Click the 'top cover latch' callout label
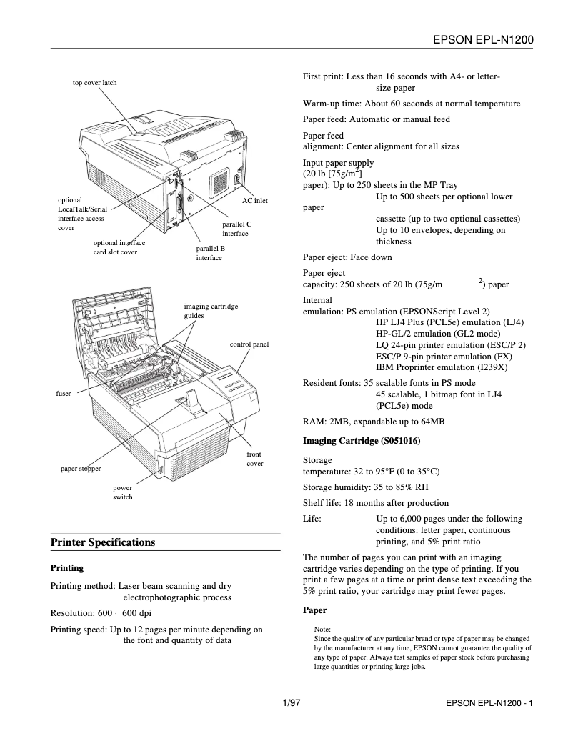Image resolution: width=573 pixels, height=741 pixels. click(x=94, y=83)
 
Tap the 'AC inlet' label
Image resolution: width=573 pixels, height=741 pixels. click(x=254, y=201)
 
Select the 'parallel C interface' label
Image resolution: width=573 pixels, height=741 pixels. click(x=236, y=229)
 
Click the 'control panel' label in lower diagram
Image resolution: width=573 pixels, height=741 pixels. click(x=249, y=344)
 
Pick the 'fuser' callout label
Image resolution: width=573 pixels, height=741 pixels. click(x=63, y=394)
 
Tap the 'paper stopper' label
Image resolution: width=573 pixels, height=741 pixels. click(x=80, y=469)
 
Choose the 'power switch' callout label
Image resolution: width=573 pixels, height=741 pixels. click(x=123, y=492)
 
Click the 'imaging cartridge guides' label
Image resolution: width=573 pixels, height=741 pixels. click(x=211, y=310)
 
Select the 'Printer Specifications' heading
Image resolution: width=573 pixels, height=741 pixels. click(x=103, y=542)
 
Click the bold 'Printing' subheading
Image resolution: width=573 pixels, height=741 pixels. click(x=66, y=568)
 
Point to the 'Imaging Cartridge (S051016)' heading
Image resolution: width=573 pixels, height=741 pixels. click(x=362, y=440)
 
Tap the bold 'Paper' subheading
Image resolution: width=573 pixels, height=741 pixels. click(x=314, y=610)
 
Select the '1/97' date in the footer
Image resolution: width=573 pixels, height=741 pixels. click(x=292, y=704)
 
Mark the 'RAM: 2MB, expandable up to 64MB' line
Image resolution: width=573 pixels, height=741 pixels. click(x=374, y=422)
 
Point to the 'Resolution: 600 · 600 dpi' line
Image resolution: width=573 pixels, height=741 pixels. click(x=100, y=613)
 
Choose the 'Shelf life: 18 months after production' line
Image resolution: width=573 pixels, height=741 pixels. click(x=376, y=502)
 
